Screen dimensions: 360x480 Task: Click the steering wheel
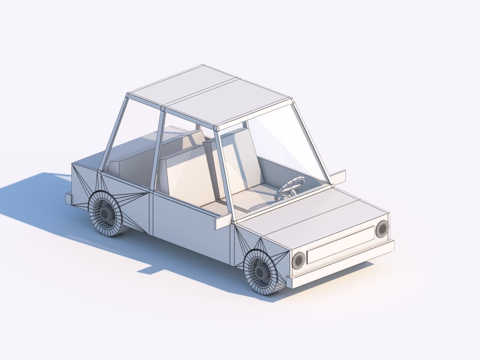click(290, 188)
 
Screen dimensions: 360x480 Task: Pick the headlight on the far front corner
click(382, 229)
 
